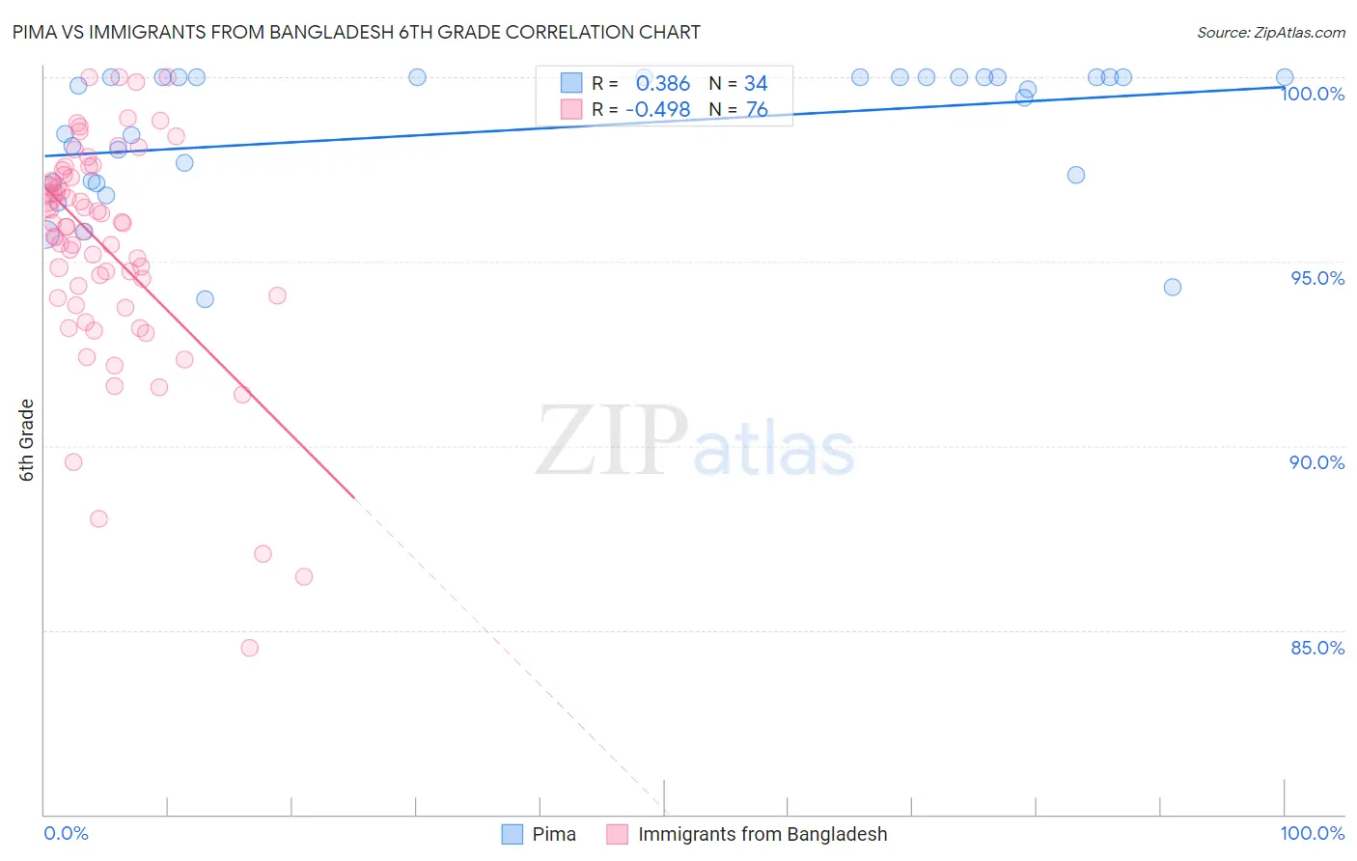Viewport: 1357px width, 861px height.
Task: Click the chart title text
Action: click(356, 32)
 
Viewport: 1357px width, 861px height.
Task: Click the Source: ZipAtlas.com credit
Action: click(1270, 32)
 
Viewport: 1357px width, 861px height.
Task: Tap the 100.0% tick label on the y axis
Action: click(1313, 94)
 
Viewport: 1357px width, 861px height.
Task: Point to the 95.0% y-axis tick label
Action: click(1317, 278)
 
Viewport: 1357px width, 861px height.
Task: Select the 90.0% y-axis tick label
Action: click(1317, 462)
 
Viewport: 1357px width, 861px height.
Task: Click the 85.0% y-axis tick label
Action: click(1317, 648)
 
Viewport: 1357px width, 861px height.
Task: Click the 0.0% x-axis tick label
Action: click(66, 833)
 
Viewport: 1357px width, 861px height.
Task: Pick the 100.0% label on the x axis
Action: click(1313, 833)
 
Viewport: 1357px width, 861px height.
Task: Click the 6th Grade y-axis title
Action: click(26, 440)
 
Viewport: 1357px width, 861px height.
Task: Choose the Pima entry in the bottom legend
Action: click(554, 834)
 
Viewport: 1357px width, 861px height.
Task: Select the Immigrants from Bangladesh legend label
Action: click(762, 834)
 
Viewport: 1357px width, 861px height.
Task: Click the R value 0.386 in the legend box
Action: click(663, 83)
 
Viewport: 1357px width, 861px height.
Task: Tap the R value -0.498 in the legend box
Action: click(658, 110)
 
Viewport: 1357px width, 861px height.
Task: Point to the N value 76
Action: click(757, 110)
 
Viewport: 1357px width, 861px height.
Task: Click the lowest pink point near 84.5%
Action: click(250, 648)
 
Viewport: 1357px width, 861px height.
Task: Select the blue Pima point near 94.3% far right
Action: click(1173, 287)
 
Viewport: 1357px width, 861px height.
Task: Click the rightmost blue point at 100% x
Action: click(1285, 77)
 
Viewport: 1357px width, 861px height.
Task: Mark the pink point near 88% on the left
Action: click(98, 518)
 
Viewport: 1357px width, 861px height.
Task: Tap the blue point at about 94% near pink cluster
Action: click(205, 299)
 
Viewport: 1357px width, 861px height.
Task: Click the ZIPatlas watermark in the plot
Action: click(695, 442)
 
